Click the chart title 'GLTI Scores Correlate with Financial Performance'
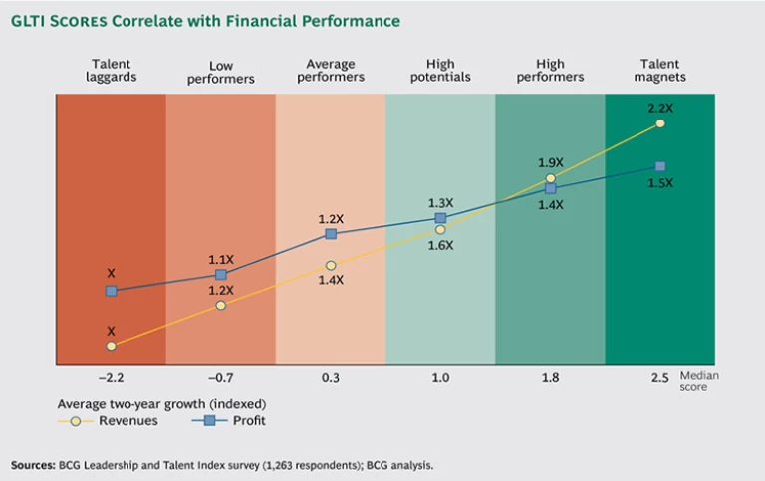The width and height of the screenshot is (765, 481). coord(206,21)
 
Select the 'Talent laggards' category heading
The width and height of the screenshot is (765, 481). coord(110,71)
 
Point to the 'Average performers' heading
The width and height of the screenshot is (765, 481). coord(330,71)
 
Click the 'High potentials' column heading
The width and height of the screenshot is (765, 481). coord(440,71)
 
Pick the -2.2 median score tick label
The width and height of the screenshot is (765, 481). coord(110,378)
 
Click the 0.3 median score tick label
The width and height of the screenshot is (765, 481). coord(330,378)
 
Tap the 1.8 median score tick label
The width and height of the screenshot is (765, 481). coord(550,378)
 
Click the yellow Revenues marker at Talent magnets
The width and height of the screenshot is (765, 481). coord(660,124)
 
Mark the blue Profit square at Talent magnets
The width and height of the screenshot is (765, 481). coord(660,166)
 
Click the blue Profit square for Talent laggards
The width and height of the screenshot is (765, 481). coord(111,291)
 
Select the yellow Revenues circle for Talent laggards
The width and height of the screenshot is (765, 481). coord(111,346)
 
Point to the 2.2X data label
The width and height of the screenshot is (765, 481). coord(660,108)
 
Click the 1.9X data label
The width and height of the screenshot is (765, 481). coord(550,161)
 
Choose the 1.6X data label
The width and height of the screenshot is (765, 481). coord(440,245)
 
